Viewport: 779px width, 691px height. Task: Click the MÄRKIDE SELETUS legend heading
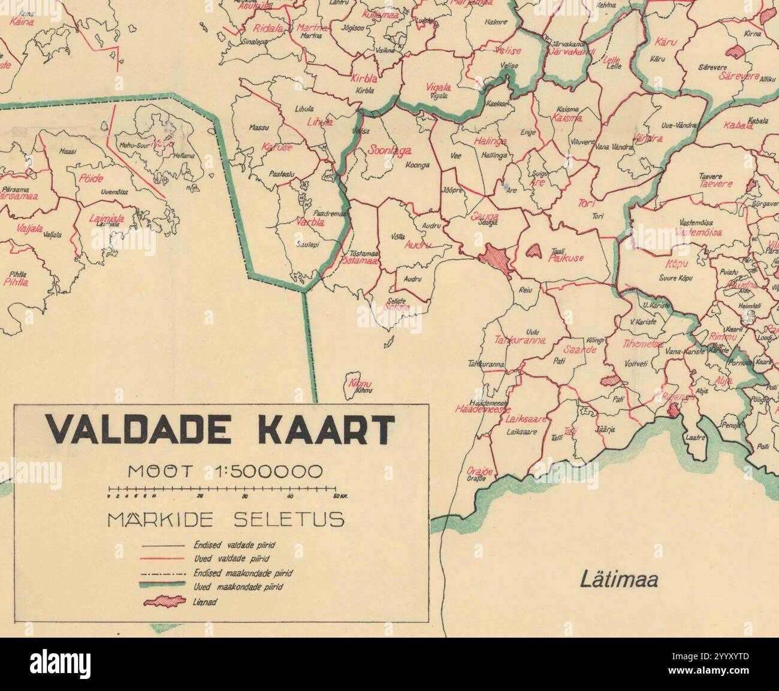(226, 518)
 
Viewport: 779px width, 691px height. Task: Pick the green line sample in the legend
(162, 586)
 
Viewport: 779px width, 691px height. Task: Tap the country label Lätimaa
(619, 580)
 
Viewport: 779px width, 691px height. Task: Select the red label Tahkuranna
(520, 340)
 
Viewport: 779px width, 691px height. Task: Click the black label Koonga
(418, 165)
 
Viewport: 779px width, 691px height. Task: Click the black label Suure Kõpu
(676, 278)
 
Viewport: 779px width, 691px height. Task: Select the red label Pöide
(91, 179)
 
